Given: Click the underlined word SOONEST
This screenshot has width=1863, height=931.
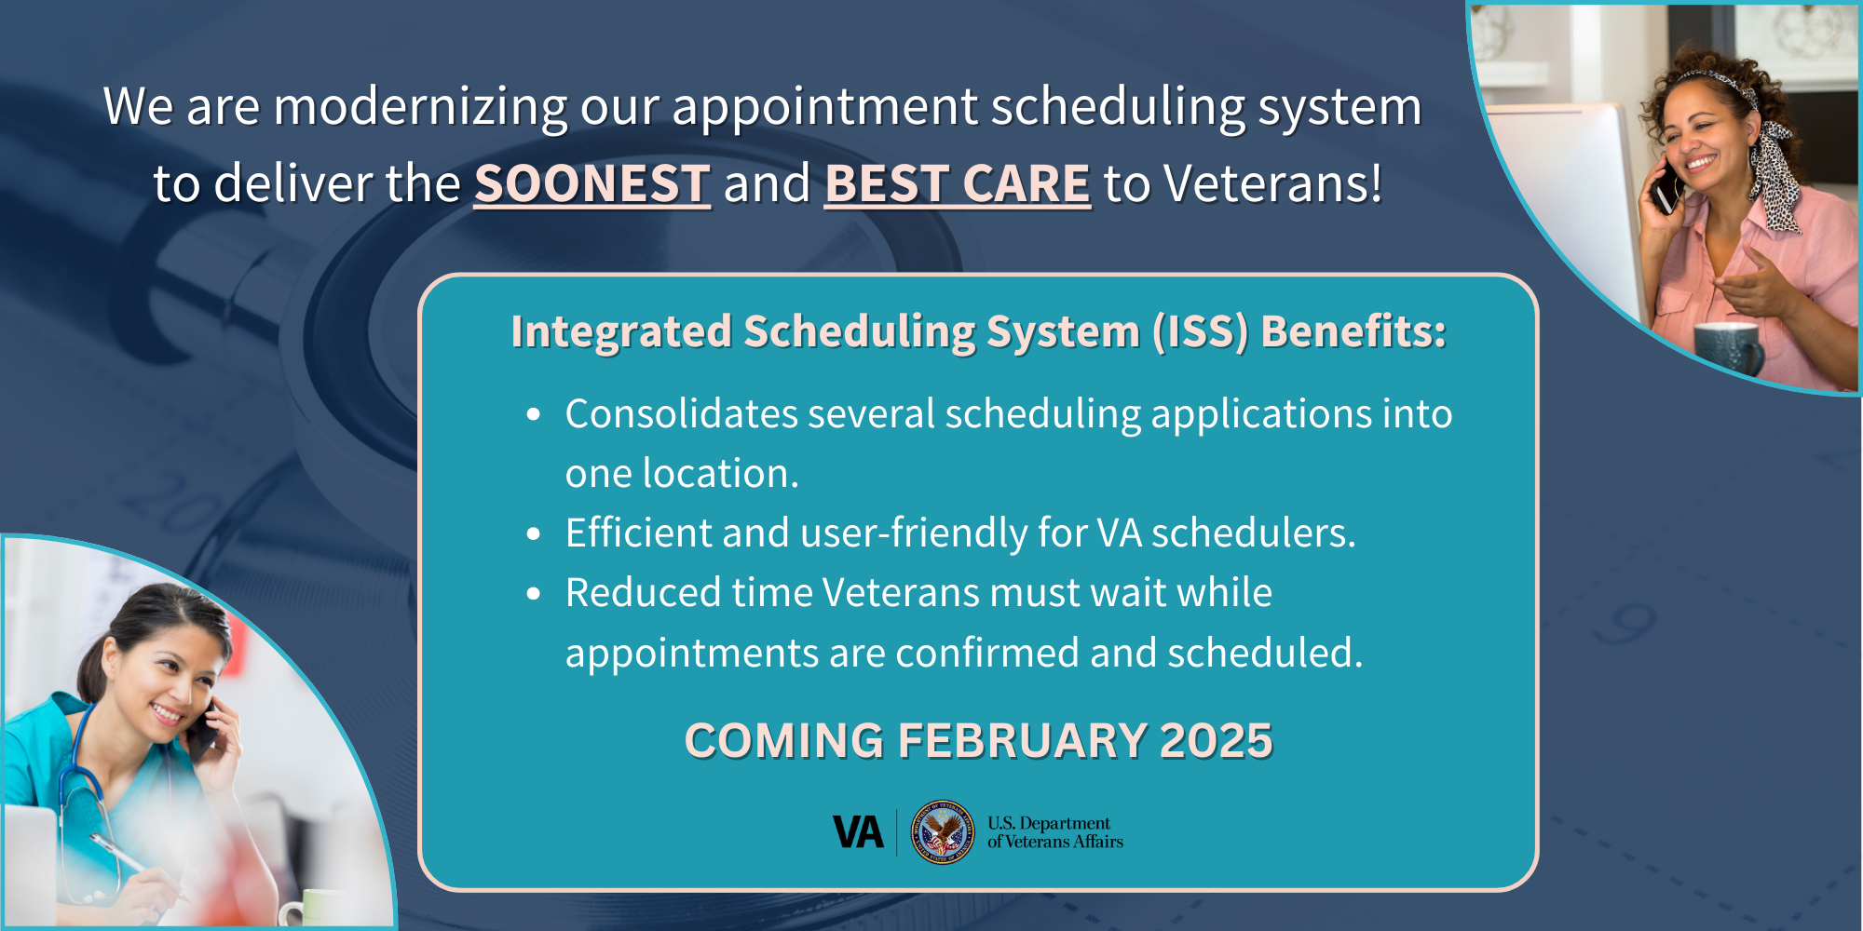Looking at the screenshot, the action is click(592, 183).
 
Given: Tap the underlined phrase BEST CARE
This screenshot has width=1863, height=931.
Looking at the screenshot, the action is click(958, 183).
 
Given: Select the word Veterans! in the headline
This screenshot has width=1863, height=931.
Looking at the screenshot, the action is click(1273, 183).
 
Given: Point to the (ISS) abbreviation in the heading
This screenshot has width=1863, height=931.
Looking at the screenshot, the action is click(1200, 331).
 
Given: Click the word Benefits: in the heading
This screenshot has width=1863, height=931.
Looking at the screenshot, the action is click(1353, 331).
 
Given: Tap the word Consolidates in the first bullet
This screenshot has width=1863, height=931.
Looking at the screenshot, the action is click(681, 413).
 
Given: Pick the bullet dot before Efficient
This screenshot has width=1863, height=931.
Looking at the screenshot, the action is click(534, 534).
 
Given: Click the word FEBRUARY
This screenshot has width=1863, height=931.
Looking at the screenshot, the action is click(1022, 741).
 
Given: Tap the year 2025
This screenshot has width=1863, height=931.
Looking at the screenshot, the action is click(1217, 741).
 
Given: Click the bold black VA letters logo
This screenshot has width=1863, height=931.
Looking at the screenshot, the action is click(858, 832).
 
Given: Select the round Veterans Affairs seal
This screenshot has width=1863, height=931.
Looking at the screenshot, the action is click(943, 831).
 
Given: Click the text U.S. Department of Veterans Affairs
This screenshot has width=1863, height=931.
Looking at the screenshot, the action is click(1055, 832).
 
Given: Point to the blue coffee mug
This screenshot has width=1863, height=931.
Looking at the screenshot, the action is click(1728, 347).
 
